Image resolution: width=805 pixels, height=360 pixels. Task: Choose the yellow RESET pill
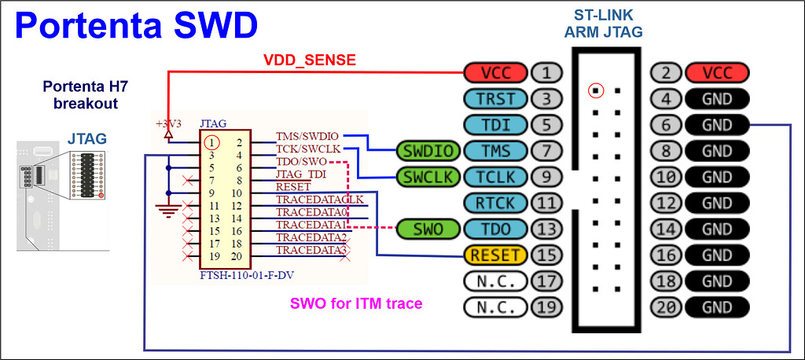[x=494, y=255]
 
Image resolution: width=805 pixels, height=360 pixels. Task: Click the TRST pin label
[x=495, y=99]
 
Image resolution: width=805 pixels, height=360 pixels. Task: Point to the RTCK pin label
[x=495, y=203]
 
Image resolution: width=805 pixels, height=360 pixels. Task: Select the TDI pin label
[x=495, y=125]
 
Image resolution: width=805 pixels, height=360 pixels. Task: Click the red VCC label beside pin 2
[x=717, y=73]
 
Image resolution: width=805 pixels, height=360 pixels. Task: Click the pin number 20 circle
[x=666, y=307]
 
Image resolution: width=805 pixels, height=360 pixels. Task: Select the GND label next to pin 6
[x=717, y=125]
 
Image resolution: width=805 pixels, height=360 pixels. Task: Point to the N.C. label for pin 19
[x=495, y=307]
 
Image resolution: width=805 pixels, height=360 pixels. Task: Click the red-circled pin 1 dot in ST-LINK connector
[x=596, y=90]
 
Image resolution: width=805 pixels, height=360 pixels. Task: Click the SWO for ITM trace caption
[x=356, y=303]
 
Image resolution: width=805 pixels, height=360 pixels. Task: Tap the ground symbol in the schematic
[x=167, y=208]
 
